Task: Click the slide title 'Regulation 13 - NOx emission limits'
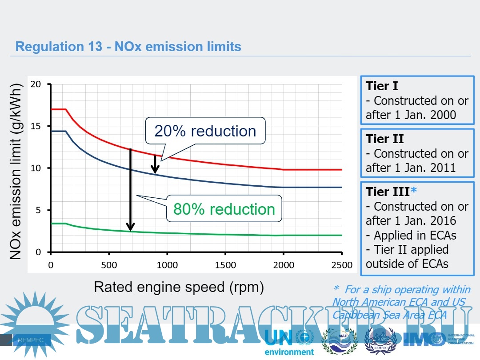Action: pos(128,46)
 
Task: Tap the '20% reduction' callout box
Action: pos(205,131)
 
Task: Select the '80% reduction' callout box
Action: pos(224,209)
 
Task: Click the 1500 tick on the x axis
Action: pos(225,265)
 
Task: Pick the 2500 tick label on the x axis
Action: pos(341,265)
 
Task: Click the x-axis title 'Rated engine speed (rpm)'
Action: pos(179,287)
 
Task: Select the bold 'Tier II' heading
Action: pos(384,139)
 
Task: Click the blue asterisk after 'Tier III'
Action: pos(414,191)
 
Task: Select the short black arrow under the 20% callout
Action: pos(155,164)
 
